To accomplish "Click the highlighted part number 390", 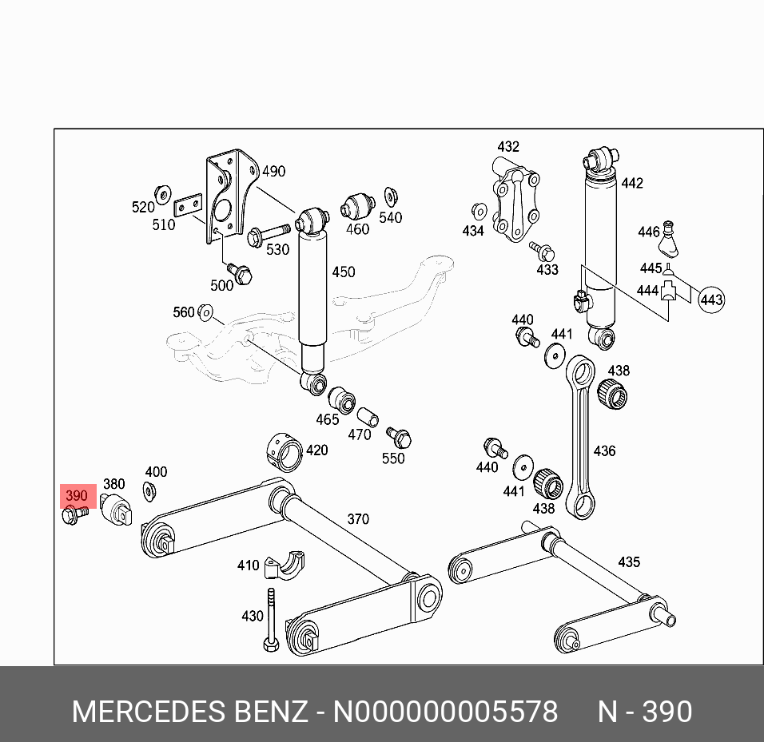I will pos(76,497).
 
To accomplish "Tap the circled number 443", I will pos(710,300).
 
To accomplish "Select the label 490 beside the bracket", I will pos(273,172).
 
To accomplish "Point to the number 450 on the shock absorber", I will pos(343,272).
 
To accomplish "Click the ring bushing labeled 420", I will pos(283,450).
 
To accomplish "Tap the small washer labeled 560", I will pos(205,311).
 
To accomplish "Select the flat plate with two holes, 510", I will pos(188,206).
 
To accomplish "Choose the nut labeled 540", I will pos(391,196).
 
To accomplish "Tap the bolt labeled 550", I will pos(399,437).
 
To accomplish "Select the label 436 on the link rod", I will pos(604,451).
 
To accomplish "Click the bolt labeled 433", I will pos(543,251).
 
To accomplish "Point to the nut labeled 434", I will pos(479,212).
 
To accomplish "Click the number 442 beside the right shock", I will pos(631,184).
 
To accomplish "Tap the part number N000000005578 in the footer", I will pos(445,711).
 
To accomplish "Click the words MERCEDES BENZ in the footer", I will pos(189,711).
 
